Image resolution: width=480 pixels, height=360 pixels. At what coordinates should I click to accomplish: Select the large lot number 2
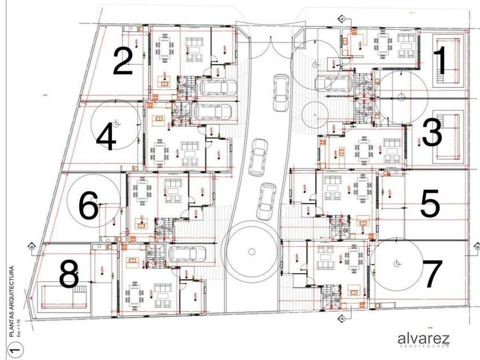[x=123, y=61]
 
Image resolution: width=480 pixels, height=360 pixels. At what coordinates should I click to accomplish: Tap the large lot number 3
[x=432, y=133]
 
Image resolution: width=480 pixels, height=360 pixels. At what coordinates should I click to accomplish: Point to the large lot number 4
[x=106, y=138]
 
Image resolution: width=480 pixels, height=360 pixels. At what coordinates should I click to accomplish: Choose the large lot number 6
[x=89, y=206]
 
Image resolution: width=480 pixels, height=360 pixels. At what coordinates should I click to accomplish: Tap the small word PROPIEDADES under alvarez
[x=424, y=347]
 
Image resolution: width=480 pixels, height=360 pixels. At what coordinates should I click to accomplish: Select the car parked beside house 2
[x=217, y=87]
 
